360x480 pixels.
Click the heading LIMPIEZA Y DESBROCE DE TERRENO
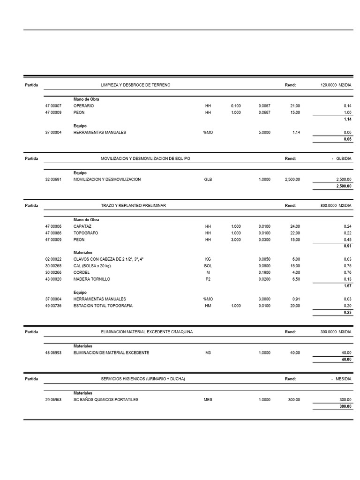(136, 85)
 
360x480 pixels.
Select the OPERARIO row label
(83, 106)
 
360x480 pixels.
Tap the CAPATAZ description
(82, 226)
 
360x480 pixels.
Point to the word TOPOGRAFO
(86, 233)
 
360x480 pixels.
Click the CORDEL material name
(82, 272)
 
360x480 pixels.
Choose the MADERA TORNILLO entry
(92, 279)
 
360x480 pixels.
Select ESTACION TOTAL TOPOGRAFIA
(103, 306)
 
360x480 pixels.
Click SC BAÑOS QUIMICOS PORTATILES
(106, 400)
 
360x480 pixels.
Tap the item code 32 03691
(53, 180)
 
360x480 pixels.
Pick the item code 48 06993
(53, 352)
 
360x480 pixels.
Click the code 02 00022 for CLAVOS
(53, 259)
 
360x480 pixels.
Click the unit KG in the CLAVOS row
(208, 259)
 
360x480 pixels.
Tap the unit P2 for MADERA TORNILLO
(208, 279)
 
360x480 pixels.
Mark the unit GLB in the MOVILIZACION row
(208, 180)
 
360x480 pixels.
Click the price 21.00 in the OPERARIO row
(295, 106)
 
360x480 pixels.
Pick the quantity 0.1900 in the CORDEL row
(264, 272)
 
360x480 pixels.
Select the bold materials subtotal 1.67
(347, 285)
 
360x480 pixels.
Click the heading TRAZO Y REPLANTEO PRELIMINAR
(134, 205)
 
